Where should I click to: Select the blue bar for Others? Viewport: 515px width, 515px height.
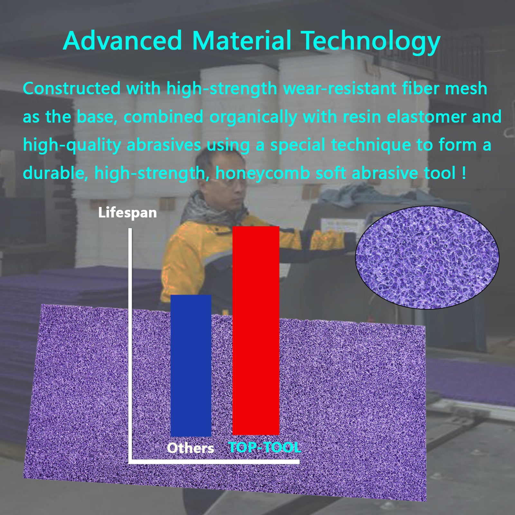(191, 365)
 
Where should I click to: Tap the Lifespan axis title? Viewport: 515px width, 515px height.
(127, 213)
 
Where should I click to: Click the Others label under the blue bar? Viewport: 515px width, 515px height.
(191, 448)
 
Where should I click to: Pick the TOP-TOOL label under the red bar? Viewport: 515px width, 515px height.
(265, 447)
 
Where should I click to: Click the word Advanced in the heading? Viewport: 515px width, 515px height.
(123, 41)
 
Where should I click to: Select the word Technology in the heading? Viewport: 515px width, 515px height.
(370, 41)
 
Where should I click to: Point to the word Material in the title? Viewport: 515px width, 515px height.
(241, 41)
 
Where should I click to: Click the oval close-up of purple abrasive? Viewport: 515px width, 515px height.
(427, 257)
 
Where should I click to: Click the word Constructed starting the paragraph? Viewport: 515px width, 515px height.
(72, 89)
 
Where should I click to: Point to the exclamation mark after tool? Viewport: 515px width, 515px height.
(464, 173)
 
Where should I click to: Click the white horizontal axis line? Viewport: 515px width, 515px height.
(214, 462)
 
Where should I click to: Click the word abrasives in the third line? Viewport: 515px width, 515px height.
(164, 145)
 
